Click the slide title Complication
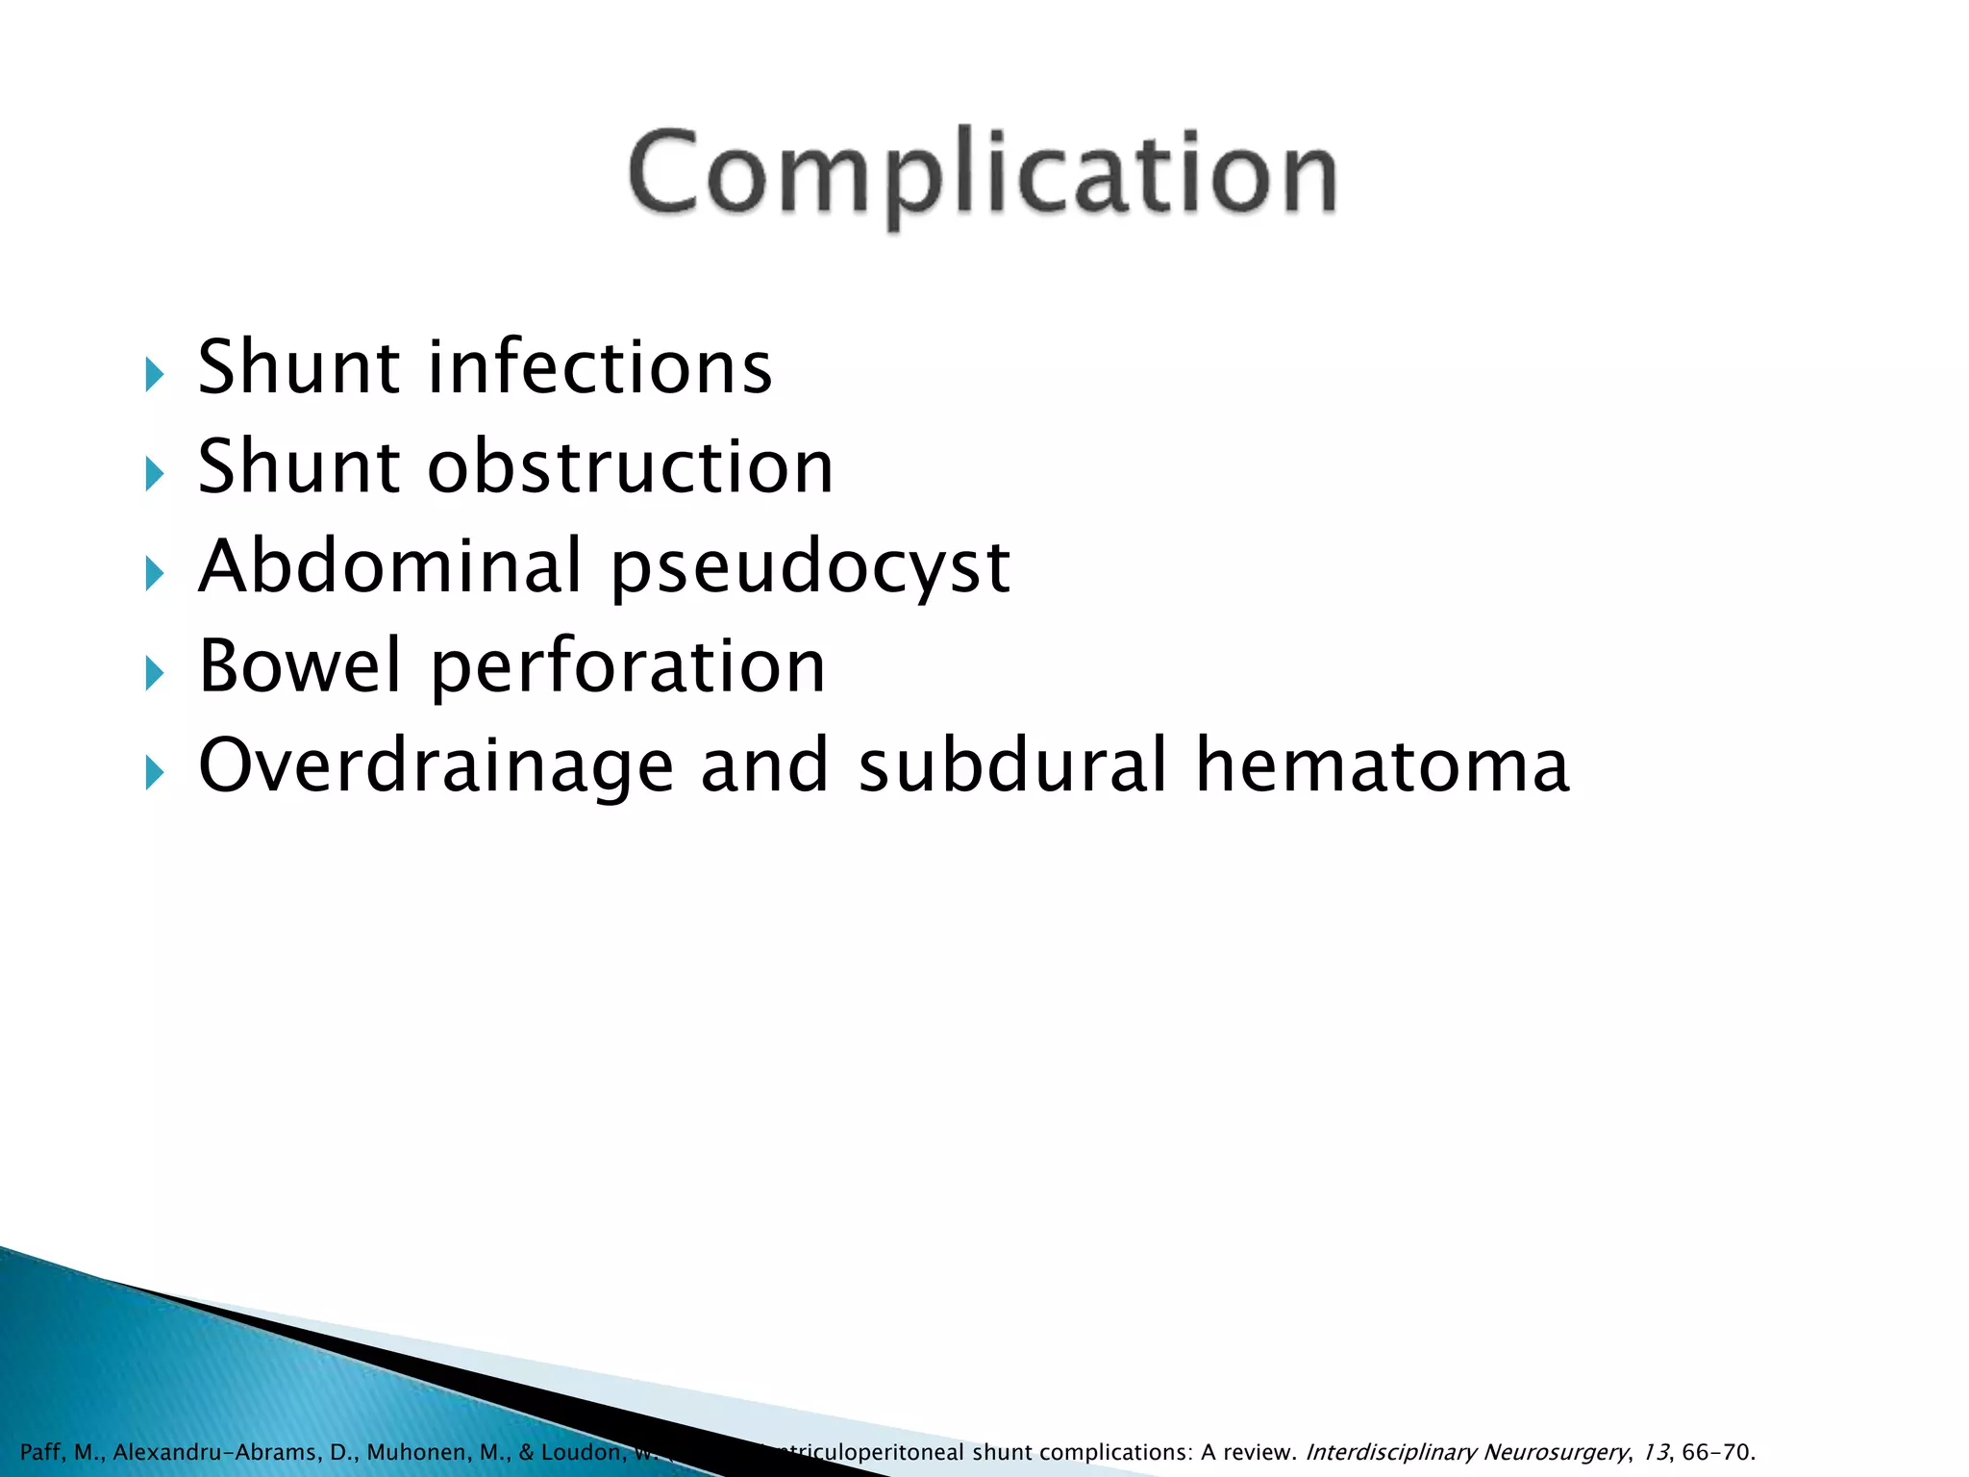coord(982,174)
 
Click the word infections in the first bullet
coord(600,367)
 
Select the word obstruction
coord(631,467)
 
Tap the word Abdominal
coord(390,566)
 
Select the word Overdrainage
coord(436,766)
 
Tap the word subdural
coord(1012,765)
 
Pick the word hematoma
coord(1383,765)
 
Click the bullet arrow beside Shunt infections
coord(155,374)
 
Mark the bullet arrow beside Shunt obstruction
coord(155,473)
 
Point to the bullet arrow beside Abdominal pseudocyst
coord(155,573)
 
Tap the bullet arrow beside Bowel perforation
coord(155,672)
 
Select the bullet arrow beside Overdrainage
coord(155,771)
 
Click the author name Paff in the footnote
coord(41,1452)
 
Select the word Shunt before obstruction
coord(299,467)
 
